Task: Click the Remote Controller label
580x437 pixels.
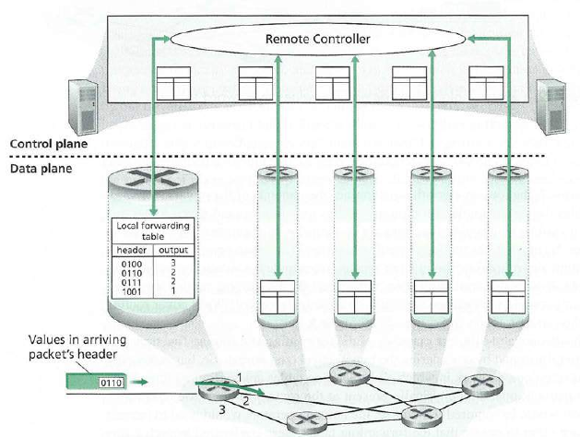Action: [x=317, y=40]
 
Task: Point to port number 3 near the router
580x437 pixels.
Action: [x=221, y=408]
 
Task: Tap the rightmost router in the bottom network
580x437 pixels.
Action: [x=479, y=385]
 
